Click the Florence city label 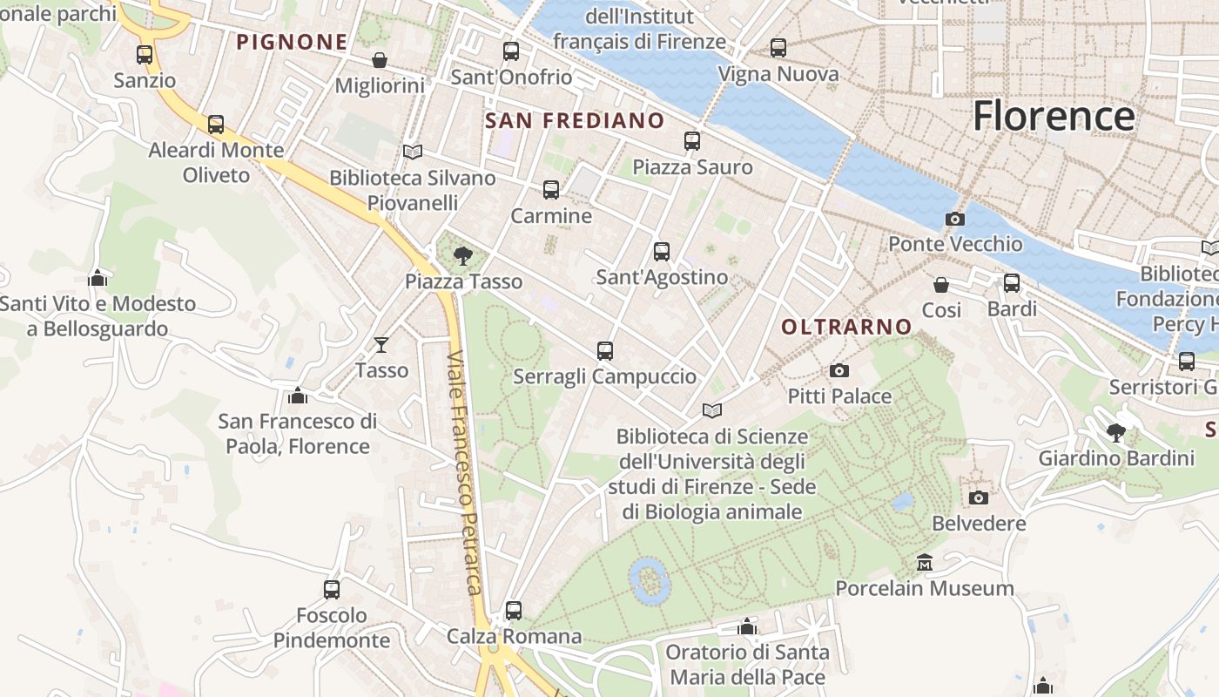click(x=1054, y=116)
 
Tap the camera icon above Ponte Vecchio click(x=955, y=219)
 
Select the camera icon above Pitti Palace click(x=839, y=371)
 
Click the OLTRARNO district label click(x=846, y=328)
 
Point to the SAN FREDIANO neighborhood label click(x=575, y=121)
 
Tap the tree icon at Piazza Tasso click(x=463, y=256)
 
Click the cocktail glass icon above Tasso click(x=381, y=345)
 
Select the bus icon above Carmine click(x=550, y=190)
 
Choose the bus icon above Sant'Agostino click(x=662, y=252)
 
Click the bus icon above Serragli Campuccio click(x=605, y=351)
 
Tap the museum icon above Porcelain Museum click(x=925, y=563)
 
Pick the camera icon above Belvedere click(x=979, y=497)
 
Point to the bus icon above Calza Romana click(x=514, y=611)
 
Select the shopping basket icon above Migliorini click(x=380, y=60)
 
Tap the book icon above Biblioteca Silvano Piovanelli click(x=413, y=152)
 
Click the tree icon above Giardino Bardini click(x=1116, y=433)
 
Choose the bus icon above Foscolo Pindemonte click(x=332, y=590)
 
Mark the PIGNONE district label click(x=292, y=42)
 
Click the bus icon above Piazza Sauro click(x=692, y=141)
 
